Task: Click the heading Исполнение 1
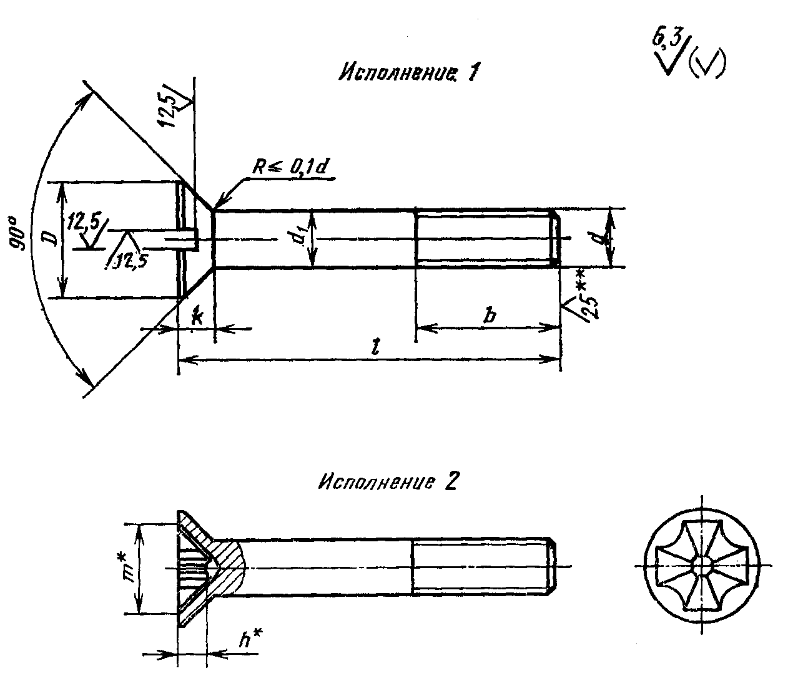click(408, 71)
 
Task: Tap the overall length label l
click(377, 346)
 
